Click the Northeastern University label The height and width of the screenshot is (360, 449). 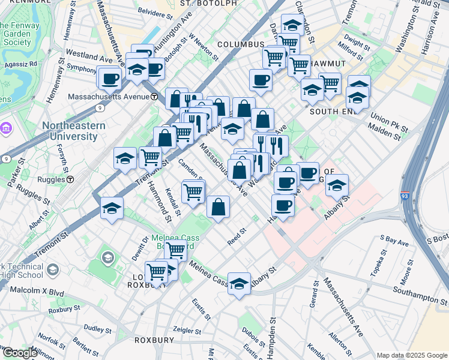[73, 131]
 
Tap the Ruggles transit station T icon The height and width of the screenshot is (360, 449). [70, 179]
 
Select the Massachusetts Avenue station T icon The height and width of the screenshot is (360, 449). [154, 96]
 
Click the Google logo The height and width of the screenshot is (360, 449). [19, 352]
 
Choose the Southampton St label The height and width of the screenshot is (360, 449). [420, 295]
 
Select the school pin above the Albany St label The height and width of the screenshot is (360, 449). [239, 283]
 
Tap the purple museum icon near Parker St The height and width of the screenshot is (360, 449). [7, 128]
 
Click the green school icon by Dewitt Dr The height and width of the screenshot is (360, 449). [107, 258]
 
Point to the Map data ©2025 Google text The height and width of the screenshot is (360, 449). [411, 355]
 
